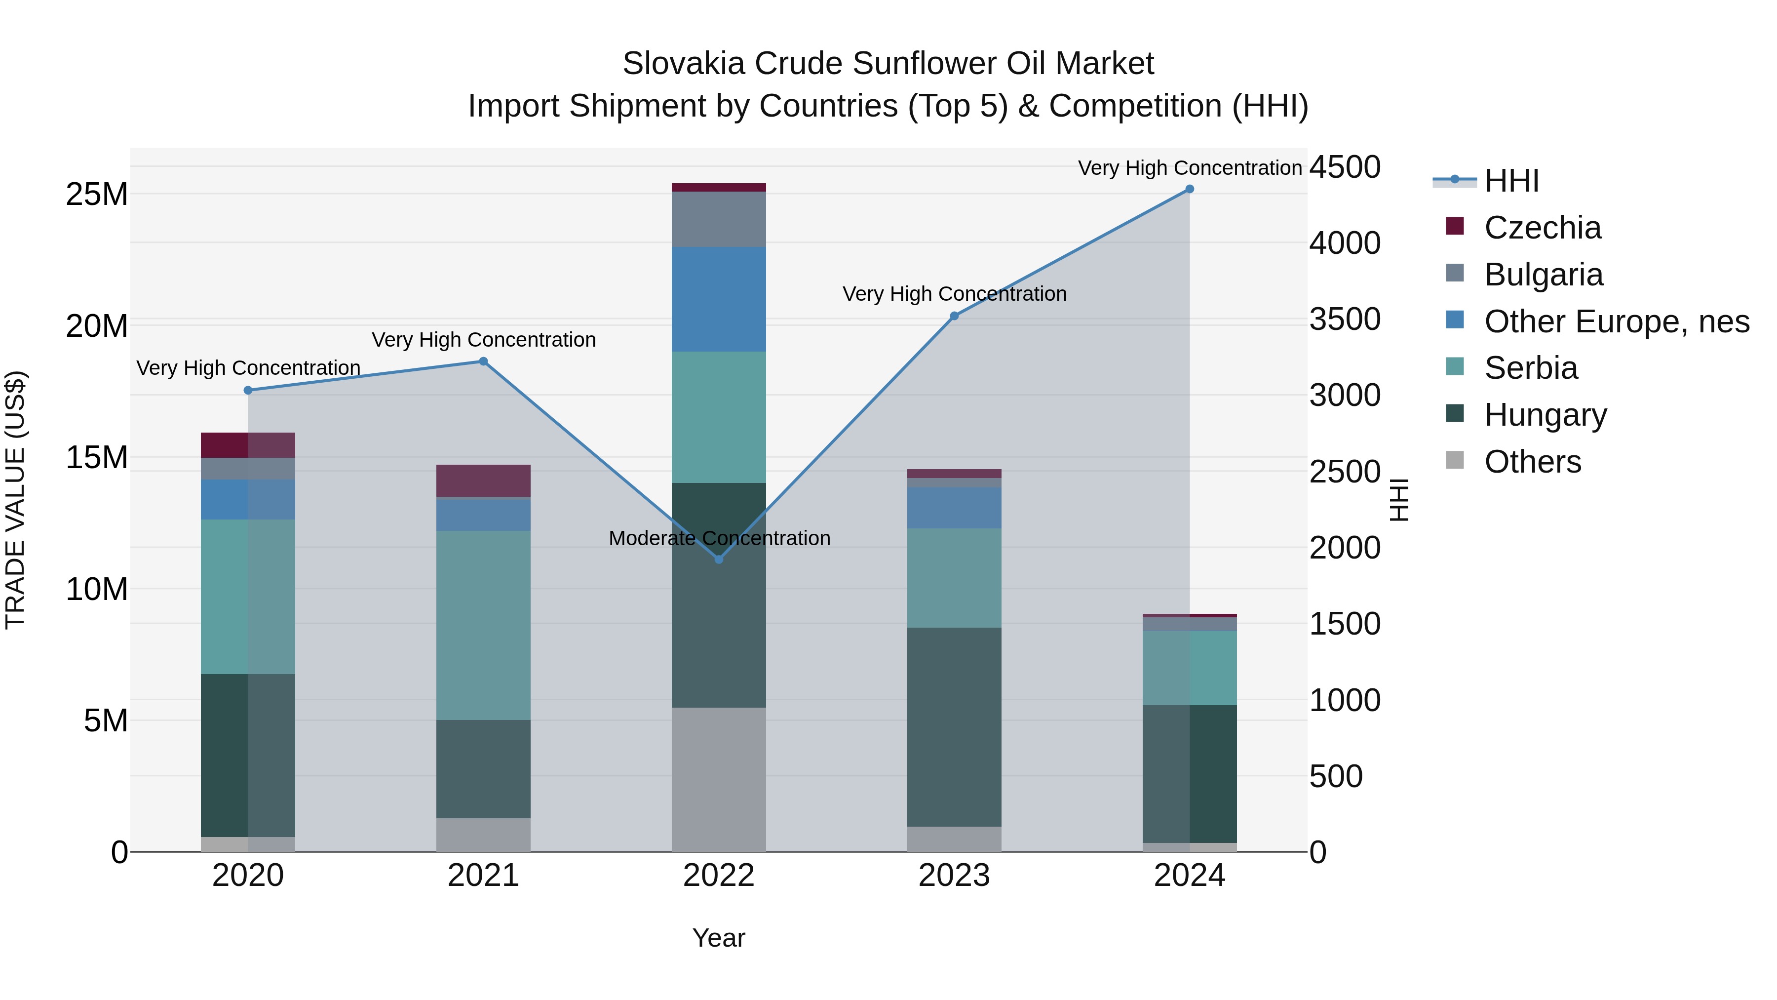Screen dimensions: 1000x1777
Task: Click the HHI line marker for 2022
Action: [x=719, y=559]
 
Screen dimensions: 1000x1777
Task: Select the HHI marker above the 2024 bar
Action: [x=1189, y=189]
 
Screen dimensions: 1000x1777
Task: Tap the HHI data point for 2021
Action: [x=484, y=361]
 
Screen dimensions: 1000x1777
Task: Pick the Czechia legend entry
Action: [x=1543, y=228]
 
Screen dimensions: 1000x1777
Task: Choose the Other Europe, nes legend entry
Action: [x=1616, y=321]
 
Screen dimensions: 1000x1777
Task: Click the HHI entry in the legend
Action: [x=1511, y=181]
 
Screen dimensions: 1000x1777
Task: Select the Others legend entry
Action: [x=1532, y=462]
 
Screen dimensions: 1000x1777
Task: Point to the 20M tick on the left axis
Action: [x=97, y=326]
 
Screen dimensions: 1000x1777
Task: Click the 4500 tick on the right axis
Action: [x=1345, y=167]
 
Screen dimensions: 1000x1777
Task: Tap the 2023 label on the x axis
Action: [x=954, y=876]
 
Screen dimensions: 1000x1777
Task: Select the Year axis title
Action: [x=719, y=938]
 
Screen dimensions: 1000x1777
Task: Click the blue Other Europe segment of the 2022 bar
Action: [x=719, y=300]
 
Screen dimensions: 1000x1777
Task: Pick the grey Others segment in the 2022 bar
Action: [x=719, y=779]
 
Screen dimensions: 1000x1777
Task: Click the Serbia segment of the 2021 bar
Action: [x=484, y=625]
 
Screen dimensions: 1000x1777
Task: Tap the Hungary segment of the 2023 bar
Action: [x=954, y=727]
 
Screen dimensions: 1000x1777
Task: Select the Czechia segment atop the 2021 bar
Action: [x=484, y=480]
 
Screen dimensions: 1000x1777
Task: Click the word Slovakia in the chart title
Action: [x=684, y=64]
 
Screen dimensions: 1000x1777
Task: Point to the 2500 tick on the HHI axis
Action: [x=1345, y=472]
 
